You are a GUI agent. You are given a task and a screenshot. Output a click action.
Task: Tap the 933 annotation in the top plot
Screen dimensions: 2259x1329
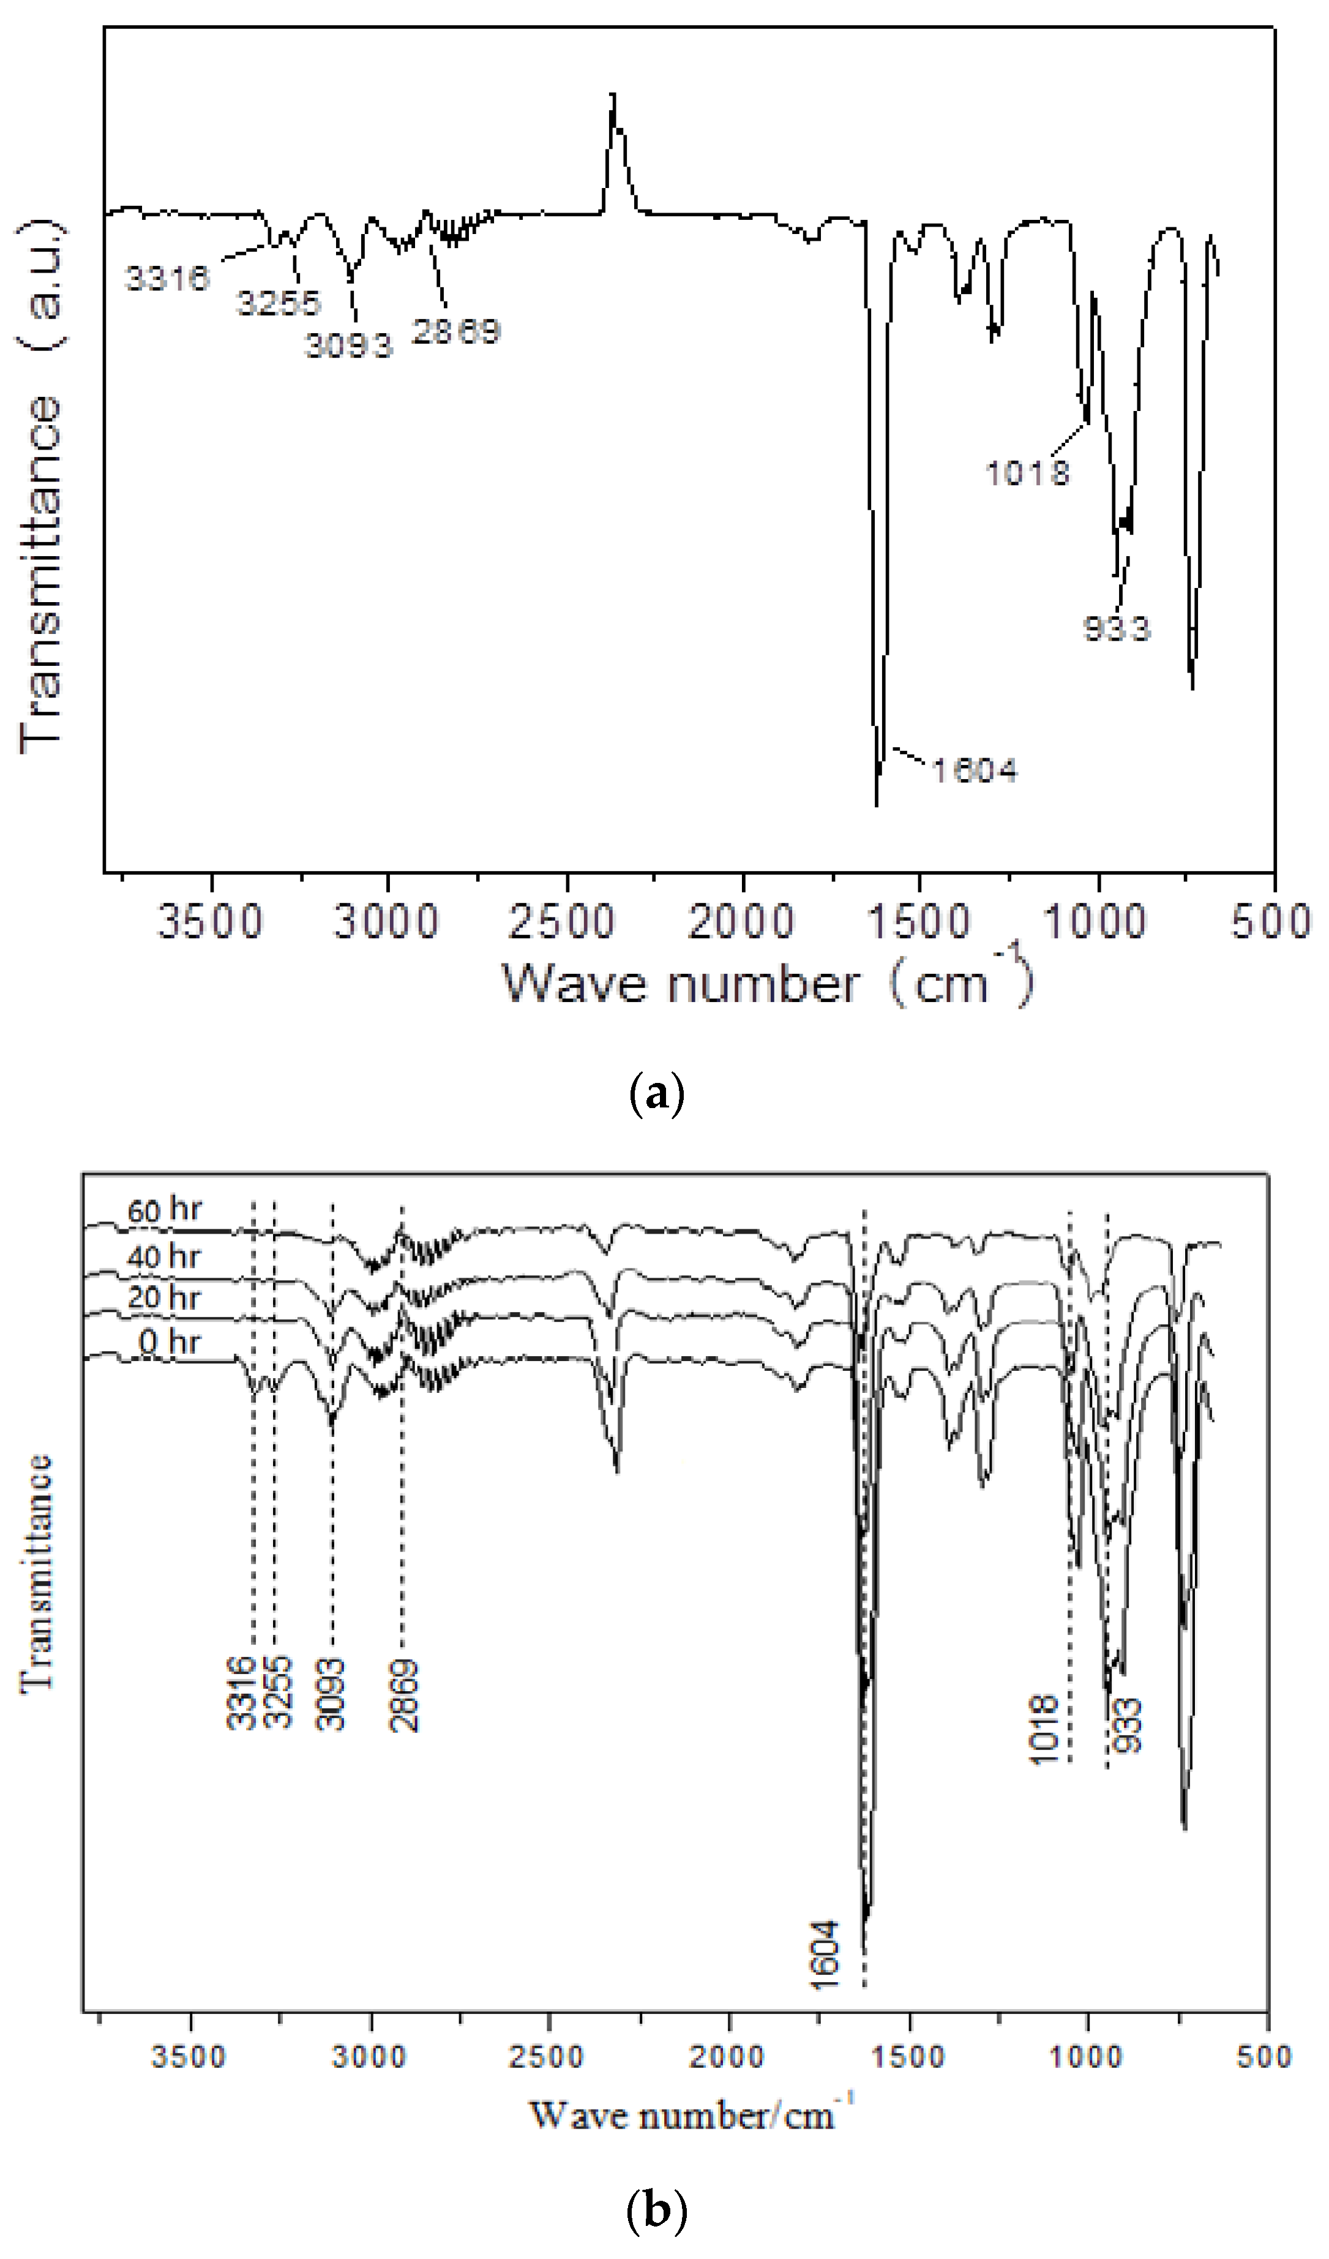click(1116, 628)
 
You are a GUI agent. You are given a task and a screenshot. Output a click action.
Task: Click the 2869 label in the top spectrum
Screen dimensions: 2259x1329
click(455, 331)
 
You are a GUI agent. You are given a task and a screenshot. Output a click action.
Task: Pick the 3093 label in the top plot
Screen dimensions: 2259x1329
click(348, 345)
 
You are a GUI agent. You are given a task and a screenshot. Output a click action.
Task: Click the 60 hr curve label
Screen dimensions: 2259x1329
click(164, 1210)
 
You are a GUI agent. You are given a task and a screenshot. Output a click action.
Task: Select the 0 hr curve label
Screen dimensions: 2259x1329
click(170, 1342)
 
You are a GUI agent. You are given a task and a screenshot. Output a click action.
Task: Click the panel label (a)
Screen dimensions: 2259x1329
click(657, 1095)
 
